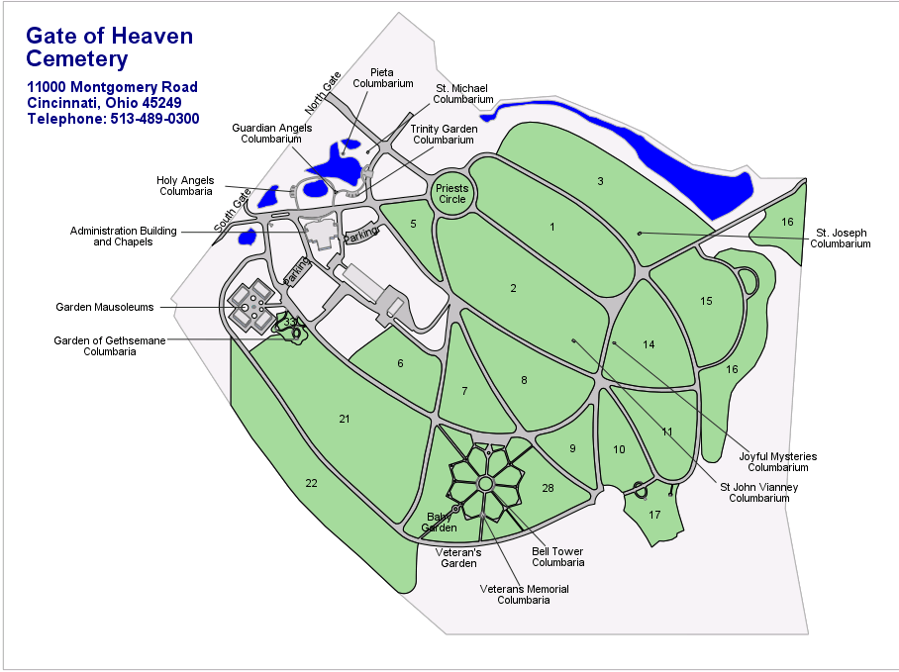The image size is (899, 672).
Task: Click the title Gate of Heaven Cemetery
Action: (x=109, y=48)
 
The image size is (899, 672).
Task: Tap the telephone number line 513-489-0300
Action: (x=113, y=119)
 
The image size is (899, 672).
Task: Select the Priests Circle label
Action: (x=452, y=194)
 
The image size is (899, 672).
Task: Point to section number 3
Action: (x=600, y=181)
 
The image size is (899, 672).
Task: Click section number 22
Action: (x=311, y=483)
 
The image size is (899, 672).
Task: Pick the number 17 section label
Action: (x=654, y=515)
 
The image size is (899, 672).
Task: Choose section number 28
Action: (x=549, y=488)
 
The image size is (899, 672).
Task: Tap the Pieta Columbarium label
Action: (x=382, y=78)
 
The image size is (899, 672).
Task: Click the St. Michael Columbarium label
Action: (x=462, y=94)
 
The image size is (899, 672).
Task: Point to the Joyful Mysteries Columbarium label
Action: (x=777, y=462)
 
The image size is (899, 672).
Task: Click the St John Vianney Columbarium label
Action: (x=758, y=493)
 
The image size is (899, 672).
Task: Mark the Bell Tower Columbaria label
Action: (x=557, y=557)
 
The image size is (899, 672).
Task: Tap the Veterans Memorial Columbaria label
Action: (x=524, y=595)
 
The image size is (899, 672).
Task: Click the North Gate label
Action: (x=323, y=92)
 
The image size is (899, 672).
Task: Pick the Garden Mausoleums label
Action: (x=105, y=307)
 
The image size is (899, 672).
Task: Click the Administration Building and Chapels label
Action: (x=123, y=237)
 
